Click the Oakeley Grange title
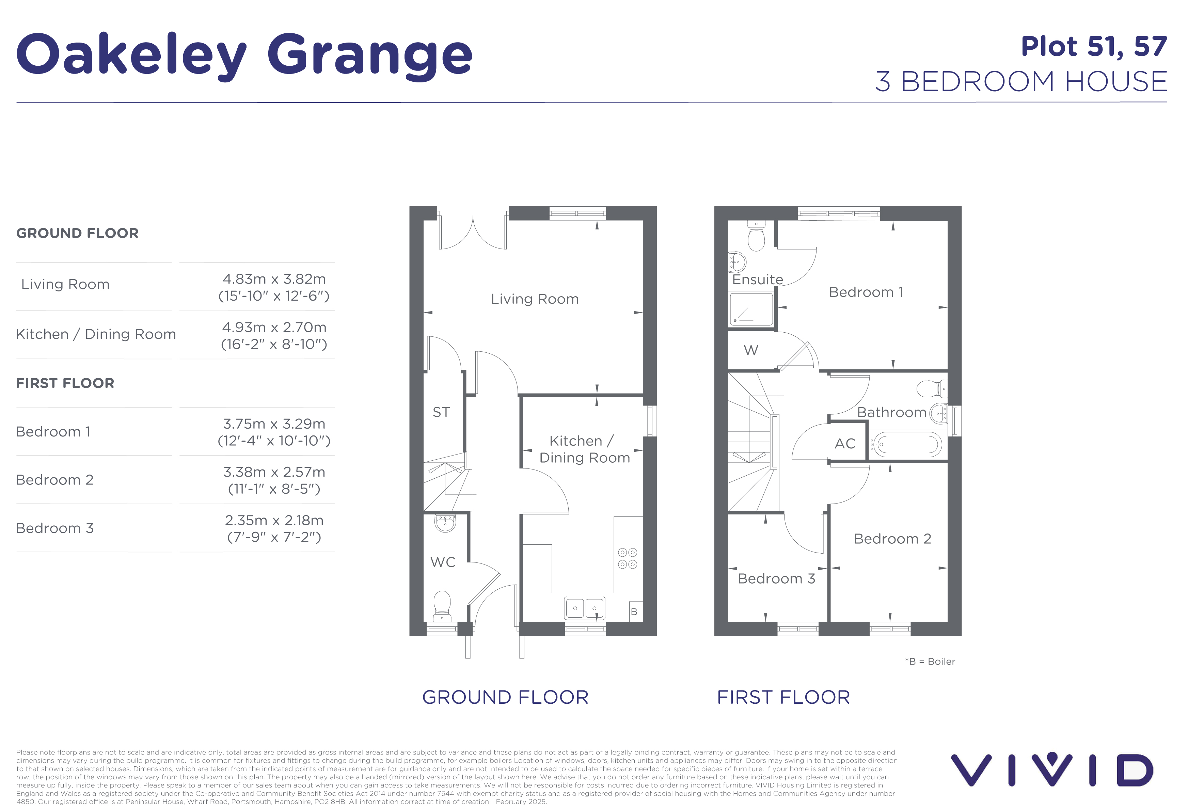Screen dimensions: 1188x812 click(244, 55)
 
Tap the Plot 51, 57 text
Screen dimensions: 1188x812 click(1094, 47)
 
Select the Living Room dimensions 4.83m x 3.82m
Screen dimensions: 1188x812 click(274, 279)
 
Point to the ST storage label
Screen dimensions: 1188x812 click(441, 412)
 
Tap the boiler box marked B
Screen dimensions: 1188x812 click(634, 611)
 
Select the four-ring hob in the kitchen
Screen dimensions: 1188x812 click(627, 558)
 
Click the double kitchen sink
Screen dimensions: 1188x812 click(585, 608)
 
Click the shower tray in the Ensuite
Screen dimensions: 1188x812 click(751, 309)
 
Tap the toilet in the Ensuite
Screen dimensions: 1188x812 click(756, 236)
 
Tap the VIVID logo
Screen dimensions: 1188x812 click(1052, 769)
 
